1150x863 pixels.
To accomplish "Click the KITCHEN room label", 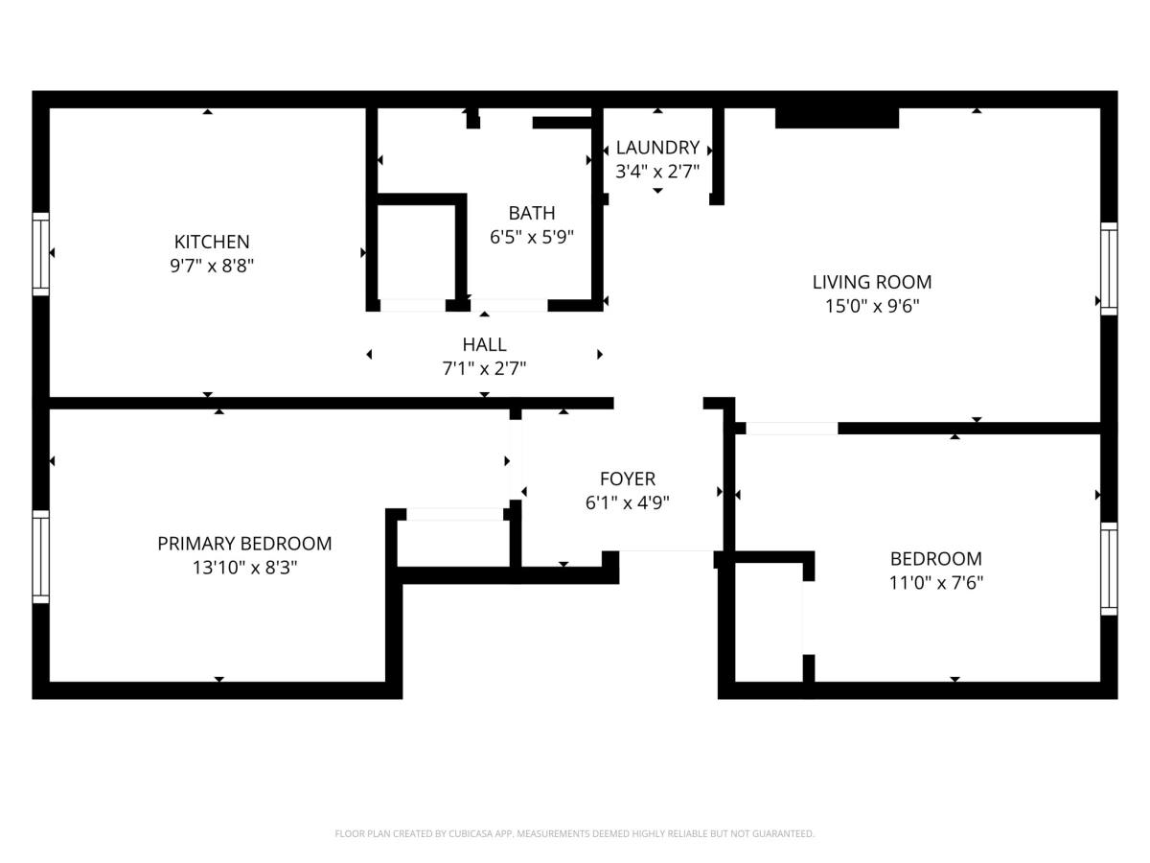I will [211, 242].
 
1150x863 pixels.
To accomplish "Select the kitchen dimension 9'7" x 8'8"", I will [211, 266].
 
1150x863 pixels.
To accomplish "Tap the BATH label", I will [532, 213].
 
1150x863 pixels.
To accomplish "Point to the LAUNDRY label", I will [657, 148].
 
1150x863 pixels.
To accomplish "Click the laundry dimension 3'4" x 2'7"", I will [657, 172].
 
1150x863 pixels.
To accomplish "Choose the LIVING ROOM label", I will [872, 282].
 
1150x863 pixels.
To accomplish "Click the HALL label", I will [484, 344].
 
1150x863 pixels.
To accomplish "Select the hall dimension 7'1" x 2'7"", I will [484, 368].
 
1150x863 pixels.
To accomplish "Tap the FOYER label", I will [628, 478].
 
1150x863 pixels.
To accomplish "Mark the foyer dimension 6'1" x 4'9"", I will [628, 502].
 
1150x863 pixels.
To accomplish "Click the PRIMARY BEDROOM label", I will [244, 544].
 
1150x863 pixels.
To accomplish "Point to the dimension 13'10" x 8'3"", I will [244, 568].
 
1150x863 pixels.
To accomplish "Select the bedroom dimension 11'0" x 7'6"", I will [936, 582].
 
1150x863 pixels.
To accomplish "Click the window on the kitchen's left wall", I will [40, 253].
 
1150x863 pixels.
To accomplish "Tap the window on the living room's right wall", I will [1109, 268].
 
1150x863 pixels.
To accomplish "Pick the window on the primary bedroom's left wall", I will [40, 557].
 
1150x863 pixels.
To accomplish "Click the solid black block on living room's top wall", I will [837, 117].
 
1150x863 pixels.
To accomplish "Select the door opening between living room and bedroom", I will [792, 429].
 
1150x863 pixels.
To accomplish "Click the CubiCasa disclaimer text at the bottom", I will [575, 834].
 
